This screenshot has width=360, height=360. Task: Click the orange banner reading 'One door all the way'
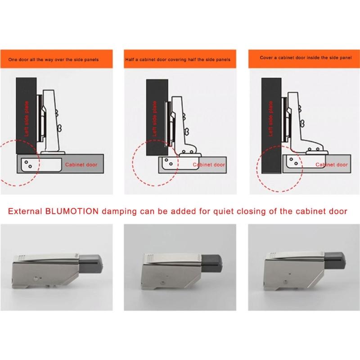pos(56,58)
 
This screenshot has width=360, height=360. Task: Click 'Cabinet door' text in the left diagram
pos(81,165)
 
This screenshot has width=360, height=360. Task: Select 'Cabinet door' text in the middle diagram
pos(209,165)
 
